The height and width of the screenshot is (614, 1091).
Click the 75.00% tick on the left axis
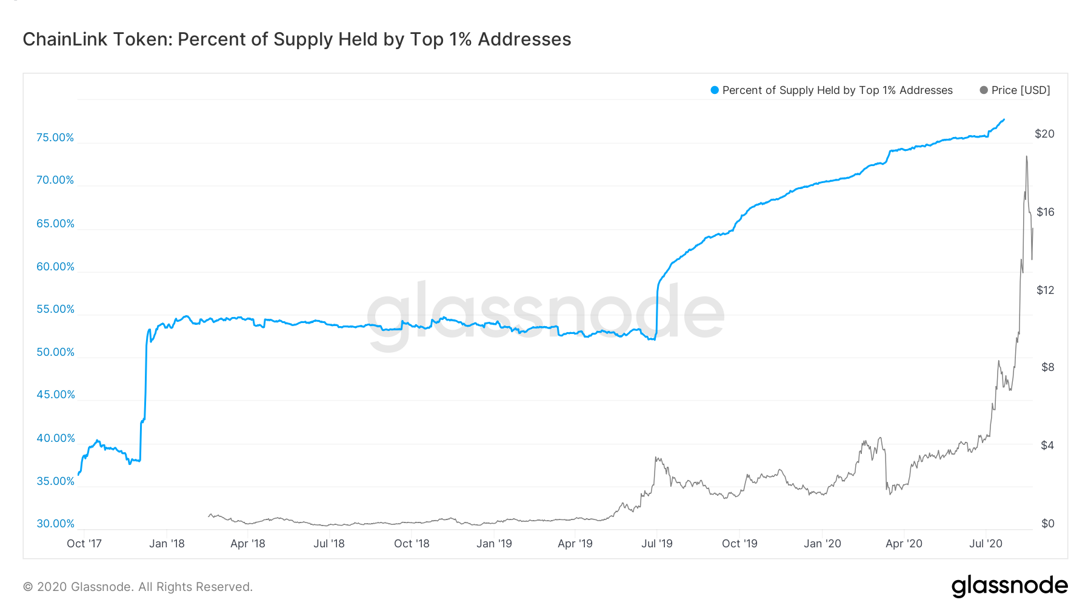[x=55, y=138]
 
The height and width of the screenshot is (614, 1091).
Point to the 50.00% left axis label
[x=55, y=352]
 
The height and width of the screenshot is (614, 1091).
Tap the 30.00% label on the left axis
[x=55, y=524]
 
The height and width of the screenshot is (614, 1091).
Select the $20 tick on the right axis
[x=1044, y=134]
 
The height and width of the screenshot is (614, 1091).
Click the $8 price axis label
[x=1047, y=367]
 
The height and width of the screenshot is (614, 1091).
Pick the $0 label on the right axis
[x=1047, y=524]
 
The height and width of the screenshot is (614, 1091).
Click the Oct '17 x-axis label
[x=84, y=544]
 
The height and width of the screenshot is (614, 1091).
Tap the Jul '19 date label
[x=657, y=544]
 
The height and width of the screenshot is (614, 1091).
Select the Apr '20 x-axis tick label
[x=904, y=544]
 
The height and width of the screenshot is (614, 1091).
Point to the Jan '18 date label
[x=167, y=544]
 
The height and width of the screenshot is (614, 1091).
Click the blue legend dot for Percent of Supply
[x=715, y=90]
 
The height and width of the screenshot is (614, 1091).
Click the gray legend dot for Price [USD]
[x=984, y=90]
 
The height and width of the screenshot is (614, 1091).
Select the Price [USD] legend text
[x=1021, y=90]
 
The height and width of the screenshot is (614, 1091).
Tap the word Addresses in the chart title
[x=524, y=39]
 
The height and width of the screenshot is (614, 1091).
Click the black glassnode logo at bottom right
[x=1009, y=586]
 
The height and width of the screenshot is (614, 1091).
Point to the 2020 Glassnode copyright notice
[x=138, y=587]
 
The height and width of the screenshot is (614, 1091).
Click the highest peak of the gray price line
[x=1026, y=156]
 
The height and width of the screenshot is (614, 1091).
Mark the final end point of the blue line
[x=1004, y=119]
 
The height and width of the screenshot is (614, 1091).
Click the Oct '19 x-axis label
[x=739, y=544]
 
